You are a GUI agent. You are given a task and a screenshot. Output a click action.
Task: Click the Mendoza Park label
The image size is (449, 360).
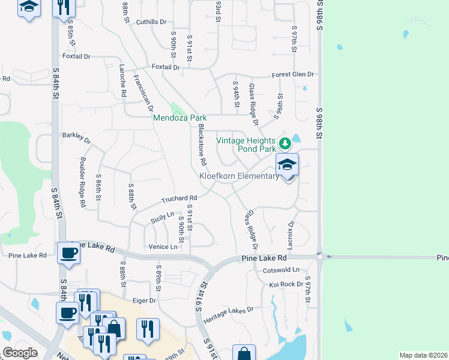click(x=180, y=118)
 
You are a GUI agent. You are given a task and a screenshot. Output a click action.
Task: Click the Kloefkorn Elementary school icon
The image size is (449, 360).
click(x=287, y=164)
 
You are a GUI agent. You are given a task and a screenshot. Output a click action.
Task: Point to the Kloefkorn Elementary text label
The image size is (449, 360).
click(x=239, y=176)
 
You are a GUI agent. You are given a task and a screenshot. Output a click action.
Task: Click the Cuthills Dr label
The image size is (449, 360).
click(x=151, y=22)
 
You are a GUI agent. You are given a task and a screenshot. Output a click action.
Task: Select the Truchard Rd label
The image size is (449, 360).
click(x=179, y=199)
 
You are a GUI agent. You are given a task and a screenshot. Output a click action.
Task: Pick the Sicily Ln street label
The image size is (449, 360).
click(x=162, y=217)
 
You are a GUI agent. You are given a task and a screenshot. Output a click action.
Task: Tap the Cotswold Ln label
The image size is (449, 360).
click(x=281, y=270)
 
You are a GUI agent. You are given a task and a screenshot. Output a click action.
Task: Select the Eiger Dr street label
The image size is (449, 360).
click(x=144, y=300)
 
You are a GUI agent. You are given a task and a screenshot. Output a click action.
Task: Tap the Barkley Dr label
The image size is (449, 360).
click(x=76, y=138)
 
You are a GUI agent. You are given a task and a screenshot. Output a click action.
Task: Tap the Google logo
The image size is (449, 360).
click(x=20, y=353)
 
